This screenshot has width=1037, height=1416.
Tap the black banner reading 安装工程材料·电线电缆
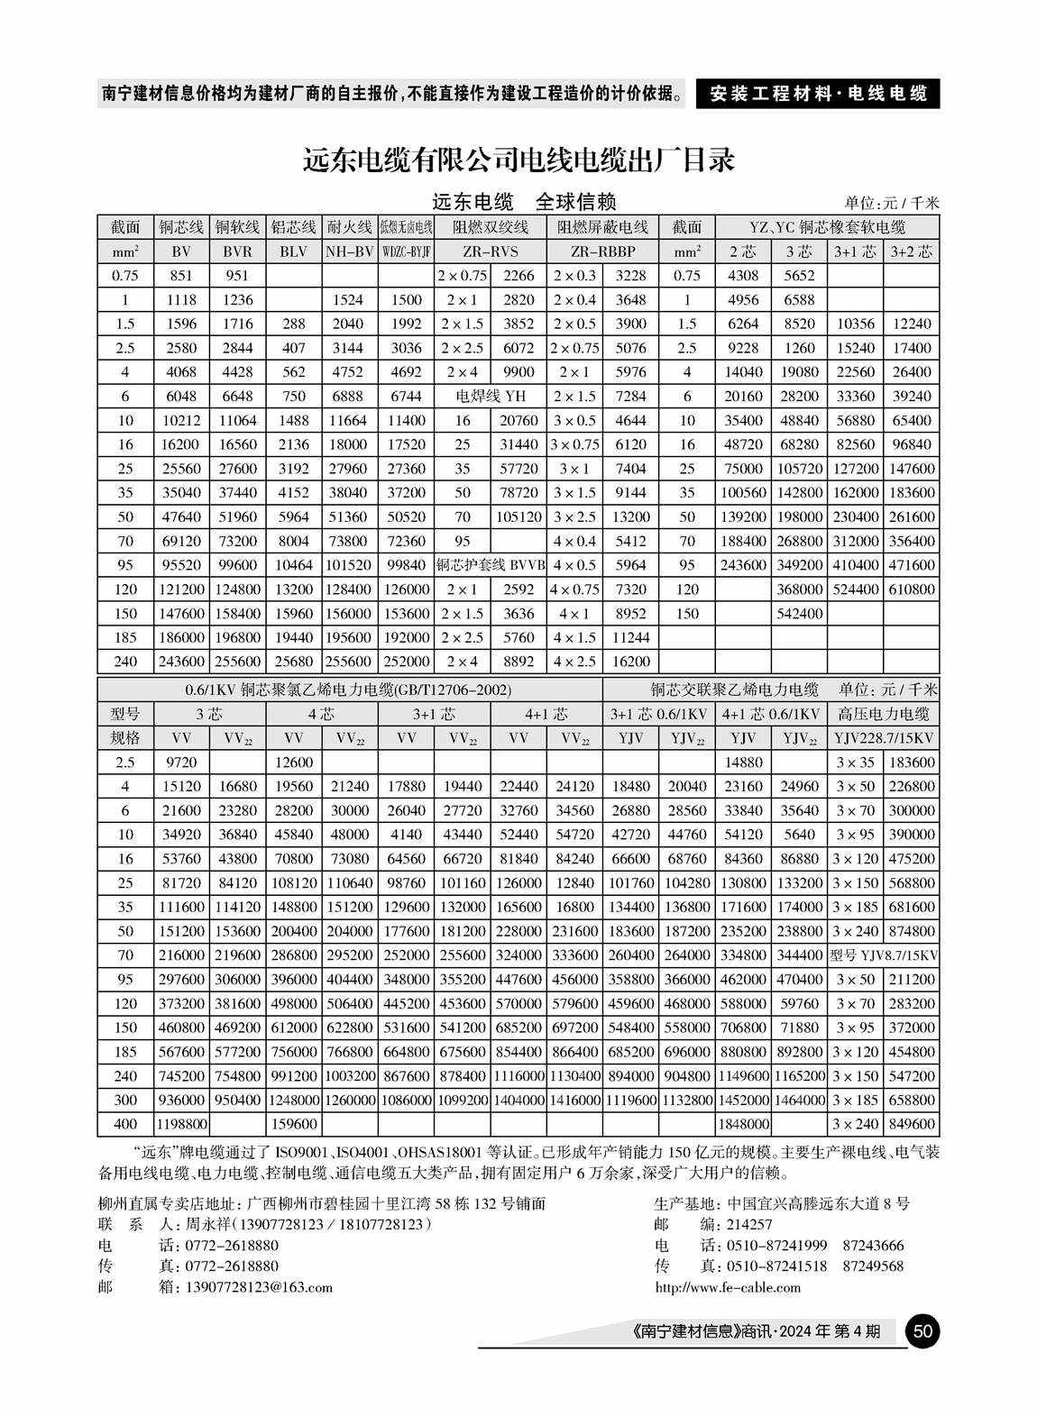(817, 94)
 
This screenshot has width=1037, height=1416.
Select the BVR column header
(237, 251)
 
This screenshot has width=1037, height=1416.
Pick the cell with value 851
(181, 276)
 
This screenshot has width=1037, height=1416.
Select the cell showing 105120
(518, 516)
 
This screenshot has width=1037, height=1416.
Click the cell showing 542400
(799, 613)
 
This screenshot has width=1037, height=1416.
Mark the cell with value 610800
(911, 589)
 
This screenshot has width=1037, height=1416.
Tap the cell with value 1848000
(743, 1124)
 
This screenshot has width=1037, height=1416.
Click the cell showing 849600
(911, 1124)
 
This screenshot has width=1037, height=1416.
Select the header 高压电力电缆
(883, 714)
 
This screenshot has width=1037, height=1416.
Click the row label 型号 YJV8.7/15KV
(883, 955)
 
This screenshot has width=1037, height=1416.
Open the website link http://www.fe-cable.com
(728, 1286)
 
